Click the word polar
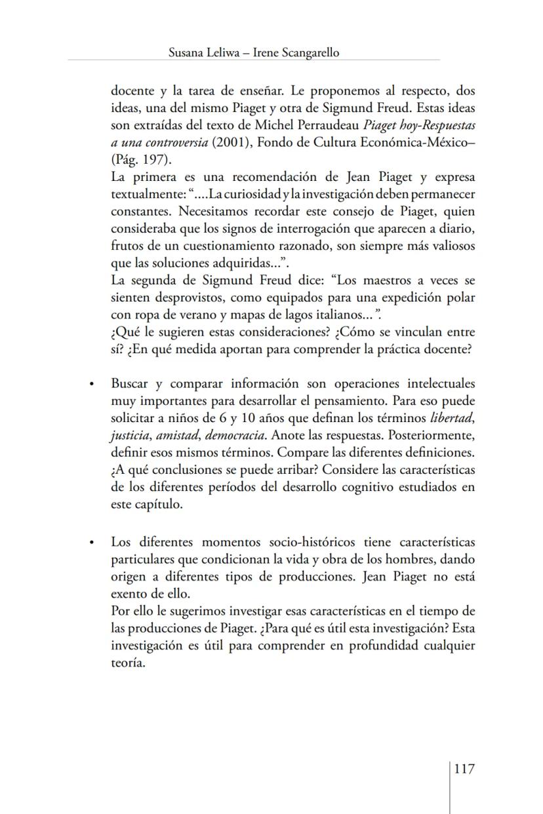click(460, 297)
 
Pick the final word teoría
click(127, 662)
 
